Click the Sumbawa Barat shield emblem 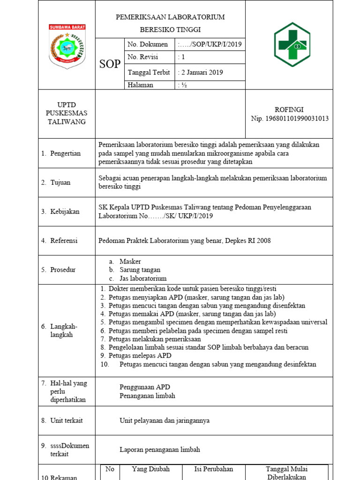coord(67,46)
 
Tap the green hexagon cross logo coord(292,45)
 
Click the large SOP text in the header coord(110,64)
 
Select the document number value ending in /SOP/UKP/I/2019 coord(210,45)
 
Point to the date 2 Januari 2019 coord(201,72)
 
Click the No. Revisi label coord(143,57)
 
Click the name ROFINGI coord(290,110)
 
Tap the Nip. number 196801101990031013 coord(290,119)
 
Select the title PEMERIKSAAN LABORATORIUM coord(170,17)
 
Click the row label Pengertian coord(65,153)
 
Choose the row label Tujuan coord(60,182)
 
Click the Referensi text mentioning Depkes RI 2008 coord(184,240)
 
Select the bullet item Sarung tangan coord(140,270)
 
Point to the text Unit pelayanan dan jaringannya coord(165,420)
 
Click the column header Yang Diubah coord(150,469)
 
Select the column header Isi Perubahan coord(213,469)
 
